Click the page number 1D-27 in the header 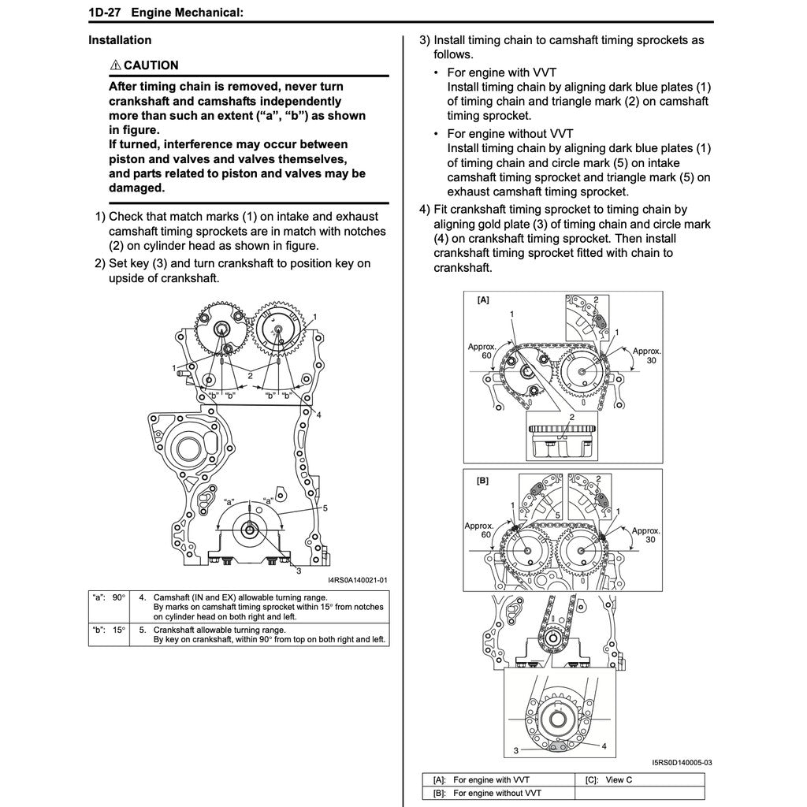[102, 13]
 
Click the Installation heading [120, 40]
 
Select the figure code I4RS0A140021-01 [358, 580]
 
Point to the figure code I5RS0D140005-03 [682, 762]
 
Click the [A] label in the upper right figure [482, 300]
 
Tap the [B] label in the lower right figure [482, 479]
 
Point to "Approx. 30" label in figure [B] [645, 536]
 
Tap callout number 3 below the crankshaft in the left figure [299, 571]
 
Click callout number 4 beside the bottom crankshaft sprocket [604, 745]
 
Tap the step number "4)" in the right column [425, 210]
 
